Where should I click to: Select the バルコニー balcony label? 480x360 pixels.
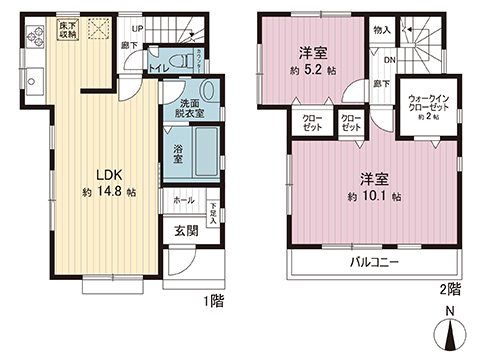[x=375, y=264]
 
